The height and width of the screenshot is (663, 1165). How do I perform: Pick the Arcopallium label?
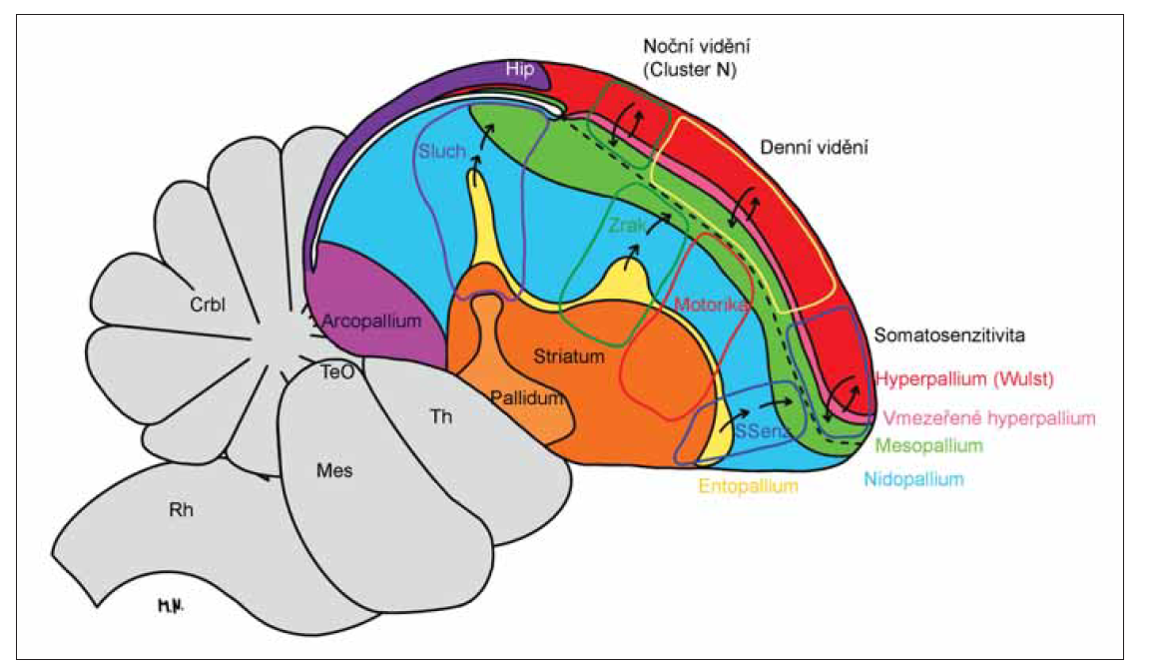coord(372,322)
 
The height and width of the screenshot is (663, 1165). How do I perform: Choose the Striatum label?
coord(569,356)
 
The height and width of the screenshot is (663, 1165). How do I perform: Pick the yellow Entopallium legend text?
coord(748,486)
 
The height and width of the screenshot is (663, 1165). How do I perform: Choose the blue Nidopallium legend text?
coord(913,479)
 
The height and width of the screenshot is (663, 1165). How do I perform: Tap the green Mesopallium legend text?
coord(928,445)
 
